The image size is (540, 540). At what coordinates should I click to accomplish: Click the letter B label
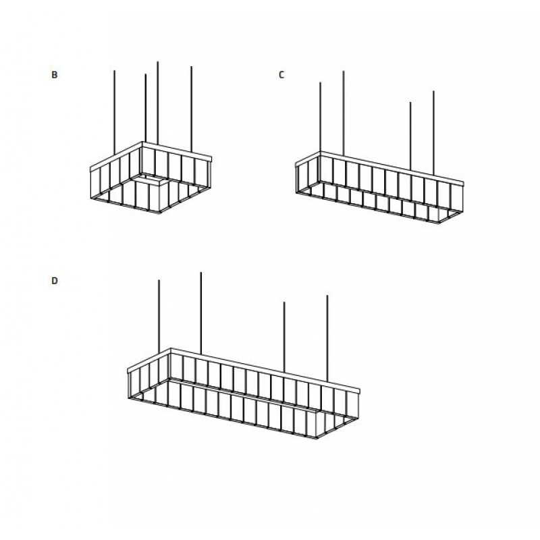coord(55,75)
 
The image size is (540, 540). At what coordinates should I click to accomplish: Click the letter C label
coord(281,75)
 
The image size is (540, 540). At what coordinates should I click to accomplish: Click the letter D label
coord(55,281)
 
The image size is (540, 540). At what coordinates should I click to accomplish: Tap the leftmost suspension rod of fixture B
coord(114,112)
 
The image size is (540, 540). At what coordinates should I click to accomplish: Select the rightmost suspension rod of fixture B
coord(191,109)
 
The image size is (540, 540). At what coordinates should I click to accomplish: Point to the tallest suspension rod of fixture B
coord(157,103)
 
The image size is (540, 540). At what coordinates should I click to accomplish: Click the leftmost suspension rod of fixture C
coord(320,117)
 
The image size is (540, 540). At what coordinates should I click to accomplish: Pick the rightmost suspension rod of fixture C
coord(433,133)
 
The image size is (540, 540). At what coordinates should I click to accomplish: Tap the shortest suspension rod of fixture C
coord(410,136)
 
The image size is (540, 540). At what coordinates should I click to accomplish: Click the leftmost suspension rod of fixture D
coord(159,317)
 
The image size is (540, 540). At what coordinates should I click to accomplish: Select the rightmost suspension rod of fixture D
coord(327,338)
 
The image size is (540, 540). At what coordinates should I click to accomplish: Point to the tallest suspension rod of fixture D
coord(200,313)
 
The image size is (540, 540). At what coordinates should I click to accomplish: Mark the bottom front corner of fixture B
coord(159,213)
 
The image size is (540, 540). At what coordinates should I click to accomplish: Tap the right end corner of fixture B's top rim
coord(211,159)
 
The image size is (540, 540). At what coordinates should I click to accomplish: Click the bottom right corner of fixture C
coord(439,223)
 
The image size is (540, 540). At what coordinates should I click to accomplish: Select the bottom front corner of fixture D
coord(315,438)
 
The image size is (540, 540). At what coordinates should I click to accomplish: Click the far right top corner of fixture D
coord(359,391)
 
